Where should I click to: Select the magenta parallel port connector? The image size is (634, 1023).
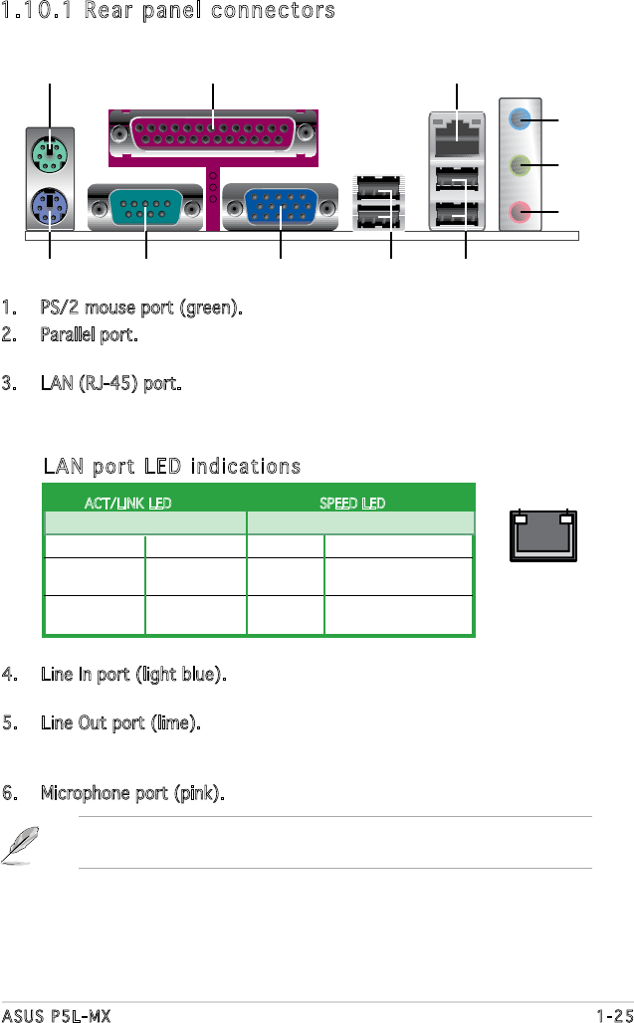[x=213, y=133]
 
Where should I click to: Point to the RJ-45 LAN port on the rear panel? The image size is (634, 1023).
[x=456, y=129]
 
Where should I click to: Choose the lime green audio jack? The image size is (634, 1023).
[x=519, y=165]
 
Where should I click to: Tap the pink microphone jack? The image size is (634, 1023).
[x=519, y=211]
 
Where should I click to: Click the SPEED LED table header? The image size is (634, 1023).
[x=351, y=504]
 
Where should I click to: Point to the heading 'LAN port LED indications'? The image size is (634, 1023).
[x=171, y=467]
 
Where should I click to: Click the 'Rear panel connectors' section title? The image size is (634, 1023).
[x=167, y=11]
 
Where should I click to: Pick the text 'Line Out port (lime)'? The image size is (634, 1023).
[x=120, y=721]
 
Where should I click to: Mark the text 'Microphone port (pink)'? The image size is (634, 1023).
[x=131, y=794]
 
